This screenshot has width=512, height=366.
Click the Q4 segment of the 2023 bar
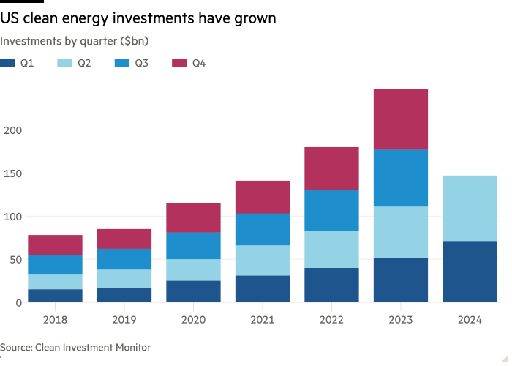[401, 119]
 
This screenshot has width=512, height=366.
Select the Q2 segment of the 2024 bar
[470, 208]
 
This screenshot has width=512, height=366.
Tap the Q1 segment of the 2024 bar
[470, 272]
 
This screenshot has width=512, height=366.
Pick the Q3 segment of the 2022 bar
[331, 210]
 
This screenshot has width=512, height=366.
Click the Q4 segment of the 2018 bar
[55, 244]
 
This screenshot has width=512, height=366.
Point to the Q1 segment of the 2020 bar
[193, 291]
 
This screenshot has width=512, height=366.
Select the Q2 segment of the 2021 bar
[263, 260]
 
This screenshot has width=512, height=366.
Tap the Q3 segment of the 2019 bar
[124, 259]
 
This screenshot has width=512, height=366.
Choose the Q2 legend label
[85, 64]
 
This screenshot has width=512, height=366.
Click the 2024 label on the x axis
[470, 320]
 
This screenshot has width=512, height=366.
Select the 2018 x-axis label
[55, 320]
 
